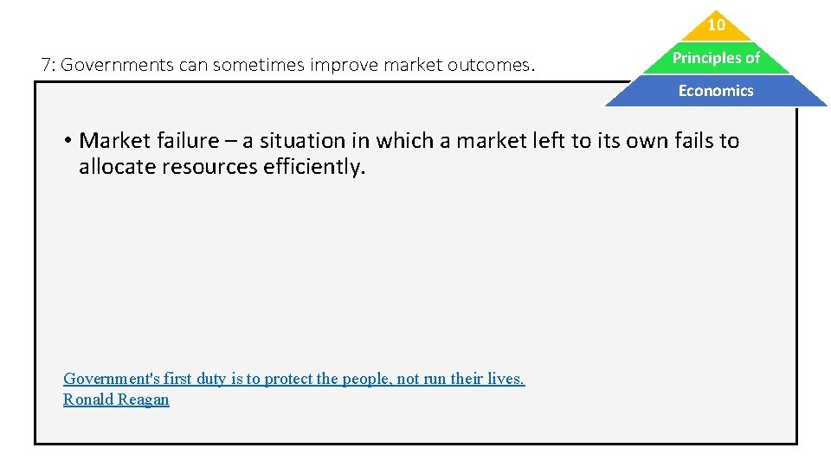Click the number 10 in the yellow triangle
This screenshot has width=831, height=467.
click(x=716, y=26)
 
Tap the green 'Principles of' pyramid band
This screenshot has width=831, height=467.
click(x=716, y=58)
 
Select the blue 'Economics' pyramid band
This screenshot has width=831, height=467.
click(x=716, y=91)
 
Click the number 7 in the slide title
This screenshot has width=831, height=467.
click(x=46, y=65)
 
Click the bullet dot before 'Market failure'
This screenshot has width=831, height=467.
click(x=66, y=141)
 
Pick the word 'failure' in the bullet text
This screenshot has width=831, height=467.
click(x=185, y=141)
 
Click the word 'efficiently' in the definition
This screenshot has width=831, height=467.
click(x=313, y=166)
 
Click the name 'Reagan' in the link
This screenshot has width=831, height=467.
click(x=143, y=400)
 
